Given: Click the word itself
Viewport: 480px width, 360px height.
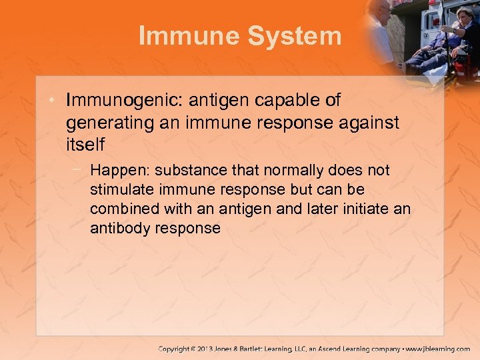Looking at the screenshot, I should point(85,143).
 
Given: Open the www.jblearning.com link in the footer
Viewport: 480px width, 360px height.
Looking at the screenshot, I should point(437,349).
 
